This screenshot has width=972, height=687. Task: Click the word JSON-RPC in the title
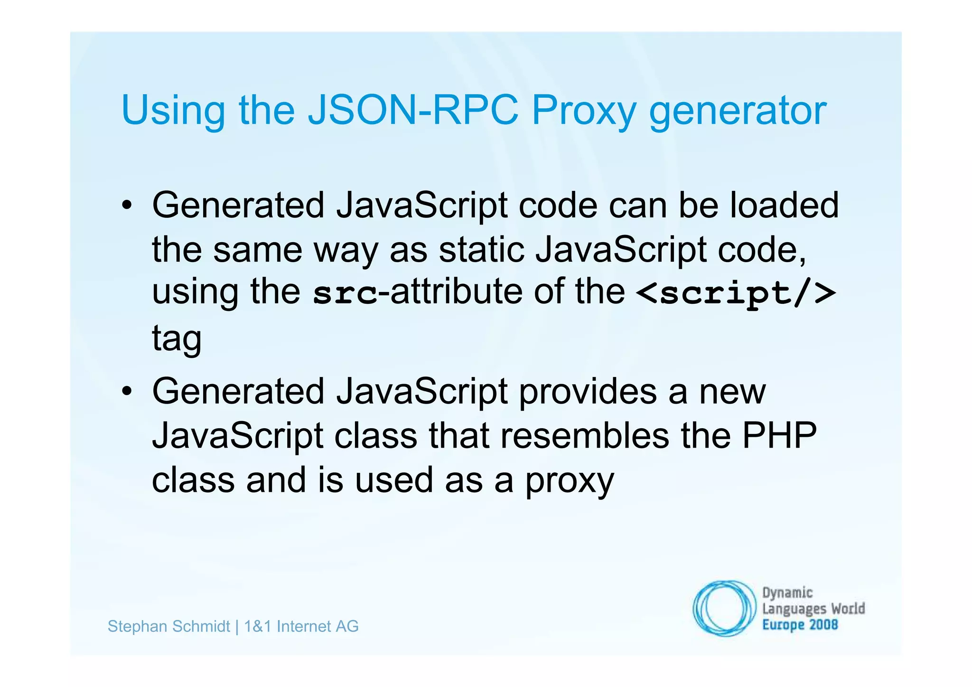tap(413, 110)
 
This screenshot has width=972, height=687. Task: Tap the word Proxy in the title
tap(583, 111)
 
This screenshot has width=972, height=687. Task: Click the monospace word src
tap(345, 293)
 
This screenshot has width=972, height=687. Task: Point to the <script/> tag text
tap(736, 293)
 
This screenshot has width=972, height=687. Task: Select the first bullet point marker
tap(126, 206)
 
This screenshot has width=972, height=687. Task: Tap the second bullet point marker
tap(126, 392)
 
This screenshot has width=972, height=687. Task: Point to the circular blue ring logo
tap(723, 608)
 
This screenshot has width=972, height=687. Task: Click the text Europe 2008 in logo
tap(800, 625)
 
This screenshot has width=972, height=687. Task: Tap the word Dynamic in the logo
tap(787, 593)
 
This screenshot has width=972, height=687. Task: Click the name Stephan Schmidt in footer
tap(168, 627)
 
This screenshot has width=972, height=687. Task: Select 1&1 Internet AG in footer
tap(301, 627)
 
